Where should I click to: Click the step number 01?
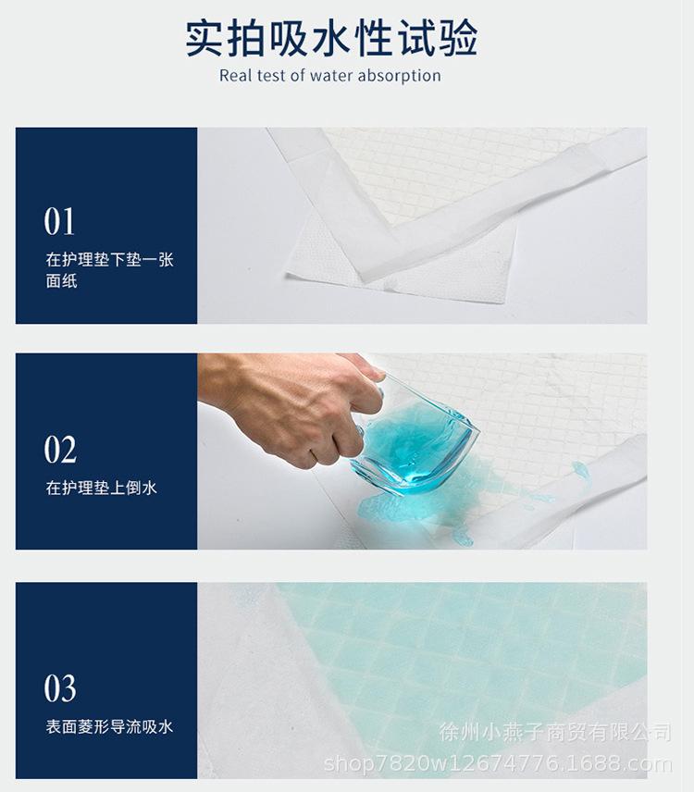pos(60,222)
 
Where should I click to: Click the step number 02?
pos(60,450)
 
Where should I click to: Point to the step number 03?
pos(60,689)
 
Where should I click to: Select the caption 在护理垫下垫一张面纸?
pos(108,269)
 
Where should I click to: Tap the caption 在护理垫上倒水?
pos(101,488)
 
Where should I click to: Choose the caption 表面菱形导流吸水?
pos(108,727)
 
